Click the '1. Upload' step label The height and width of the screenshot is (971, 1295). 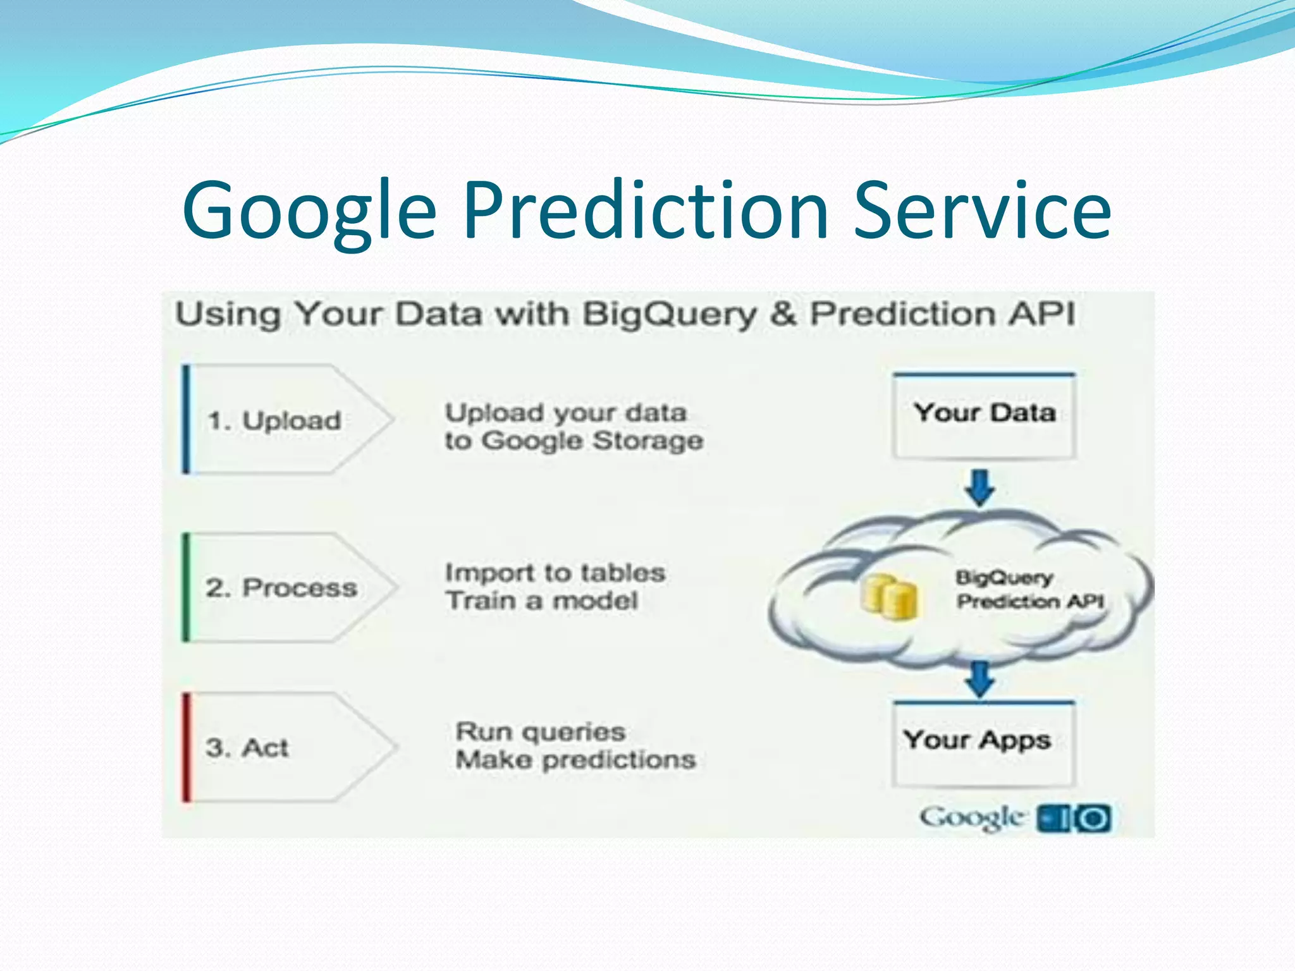(274, 420)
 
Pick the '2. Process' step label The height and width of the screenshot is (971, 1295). (281, 588)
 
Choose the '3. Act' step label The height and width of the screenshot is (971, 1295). (247, 748)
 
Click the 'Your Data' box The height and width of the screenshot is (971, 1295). (984, 414)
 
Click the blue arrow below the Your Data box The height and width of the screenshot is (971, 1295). (981, 487)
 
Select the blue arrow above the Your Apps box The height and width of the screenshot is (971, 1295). (980, 678)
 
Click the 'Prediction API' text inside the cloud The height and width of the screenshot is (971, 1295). (1029, 601)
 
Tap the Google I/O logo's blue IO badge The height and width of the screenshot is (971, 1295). (1074, 819)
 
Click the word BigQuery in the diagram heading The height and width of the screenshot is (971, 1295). (669, 314)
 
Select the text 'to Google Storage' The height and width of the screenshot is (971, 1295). (574, 441)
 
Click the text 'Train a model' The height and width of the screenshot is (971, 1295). (541, 601)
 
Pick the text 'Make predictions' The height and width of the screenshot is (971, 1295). (575, 760)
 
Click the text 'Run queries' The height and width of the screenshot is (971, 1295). (541, 732)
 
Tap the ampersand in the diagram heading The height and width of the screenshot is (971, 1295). (783, 314)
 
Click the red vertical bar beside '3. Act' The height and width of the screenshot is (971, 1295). (187, 747)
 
